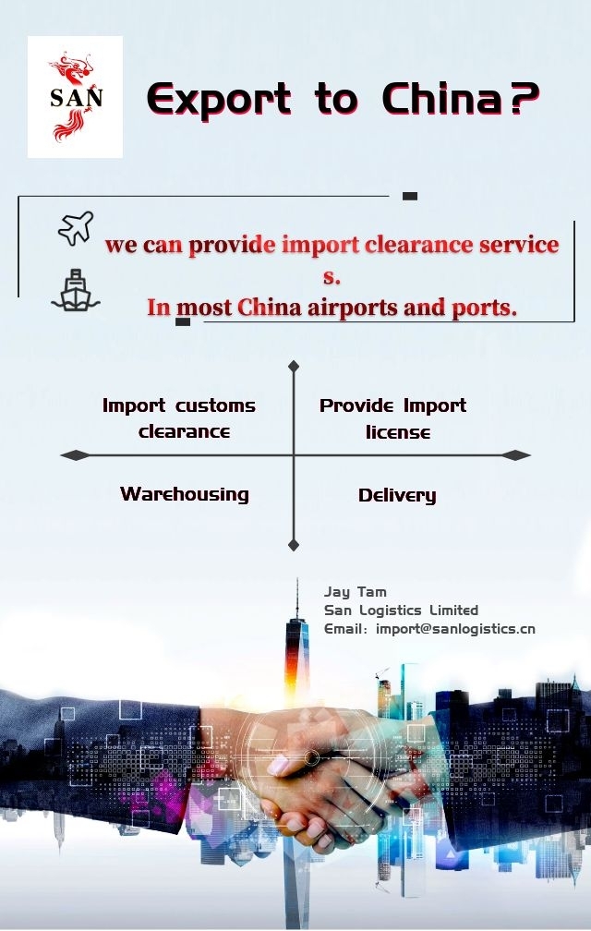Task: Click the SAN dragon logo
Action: tap(75, 97)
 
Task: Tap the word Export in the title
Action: tap(219, 100)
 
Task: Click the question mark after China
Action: tap(524, 100)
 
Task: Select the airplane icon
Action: tap(76, 228)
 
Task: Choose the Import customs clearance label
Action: tap(180, 418)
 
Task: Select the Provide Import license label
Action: tap(393, 418)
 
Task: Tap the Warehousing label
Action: tap(185, 494)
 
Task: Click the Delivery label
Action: tap(397, 496)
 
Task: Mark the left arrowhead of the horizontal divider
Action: tap(74, 455)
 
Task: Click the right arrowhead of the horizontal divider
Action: tap(517, 455)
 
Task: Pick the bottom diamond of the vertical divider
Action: tap(294, 545)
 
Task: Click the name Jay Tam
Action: tap(356, 592)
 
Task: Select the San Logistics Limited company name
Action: tap(401, 611)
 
